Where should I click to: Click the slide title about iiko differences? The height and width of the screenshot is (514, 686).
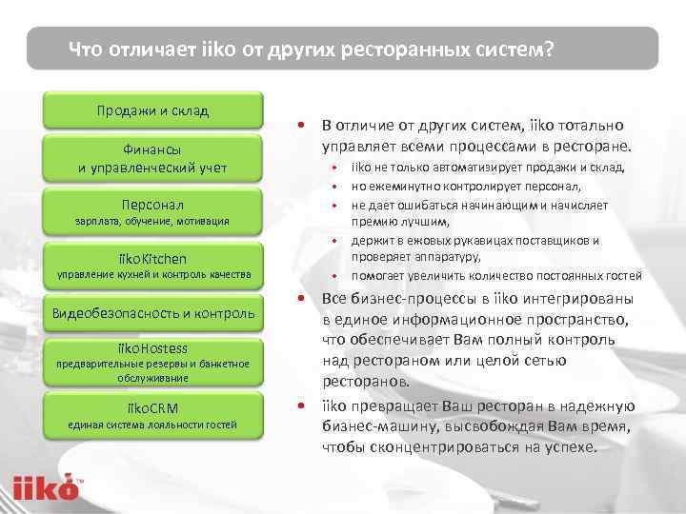[310, 49]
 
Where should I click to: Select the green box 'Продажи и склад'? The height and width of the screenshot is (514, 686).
[153, 109]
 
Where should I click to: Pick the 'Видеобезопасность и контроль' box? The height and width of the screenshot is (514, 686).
[153, 312]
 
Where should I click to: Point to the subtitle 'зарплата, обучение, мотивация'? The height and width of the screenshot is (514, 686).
[153, 221]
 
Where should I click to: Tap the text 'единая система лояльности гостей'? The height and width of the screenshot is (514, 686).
[153, 424]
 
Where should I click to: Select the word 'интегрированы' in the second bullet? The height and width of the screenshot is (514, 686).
[576, 300]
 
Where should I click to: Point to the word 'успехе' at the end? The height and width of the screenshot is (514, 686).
[568, 446]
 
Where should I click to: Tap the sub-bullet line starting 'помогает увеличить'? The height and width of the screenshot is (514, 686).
[495, 276]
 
